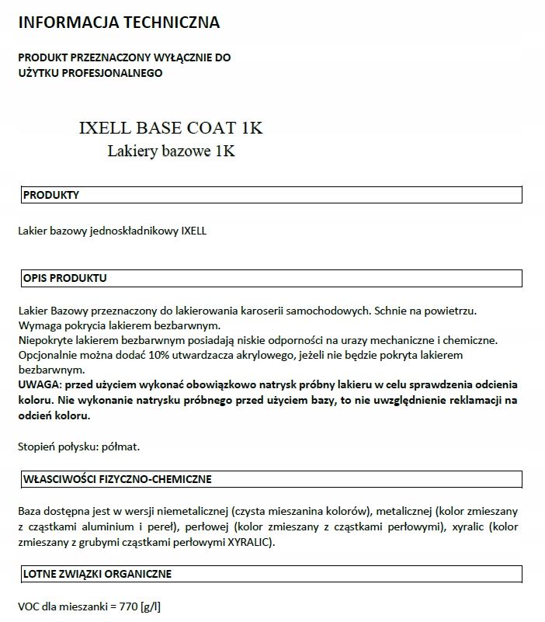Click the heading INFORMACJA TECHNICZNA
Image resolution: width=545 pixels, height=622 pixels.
pos(119,23)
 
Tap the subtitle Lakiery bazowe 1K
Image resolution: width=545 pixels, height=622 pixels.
pos(171,151)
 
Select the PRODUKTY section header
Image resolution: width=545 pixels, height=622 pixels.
pos(51,195)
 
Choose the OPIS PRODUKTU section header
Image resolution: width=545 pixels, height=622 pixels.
pos(65,277)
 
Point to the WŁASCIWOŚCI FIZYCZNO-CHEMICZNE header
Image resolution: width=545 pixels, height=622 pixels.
pos(117,479)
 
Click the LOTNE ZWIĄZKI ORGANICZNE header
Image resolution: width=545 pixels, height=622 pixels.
pos(97,574)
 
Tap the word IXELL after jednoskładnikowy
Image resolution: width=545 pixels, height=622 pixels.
pos(193,231)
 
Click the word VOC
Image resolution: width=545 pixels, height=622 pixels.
pos(29,606)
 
